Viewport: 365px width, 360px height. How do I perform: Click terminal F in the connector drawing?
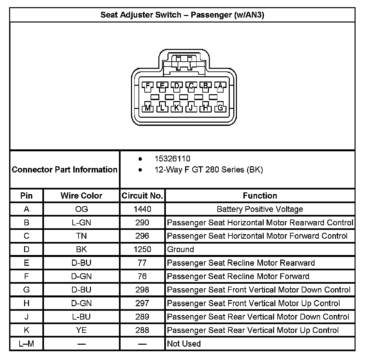pyautogui.click(x=148, y=86)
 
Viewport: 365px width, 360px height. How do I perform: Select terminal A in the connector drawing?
pyautogui.click(x=220, y=86)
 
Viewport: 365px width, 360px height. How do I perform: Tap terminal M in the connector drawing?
pyautogui.click(x=148, y=107)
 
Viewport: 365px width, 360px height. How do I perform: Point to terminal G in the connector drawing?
pyautogui.click(x=220, y=107)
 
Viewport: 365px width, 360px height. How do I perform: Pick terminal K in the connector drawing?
pyautogui.click(x=177, y=107)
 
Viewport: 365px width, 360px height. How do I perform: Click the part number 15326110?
pyautogui.click(x=172, y=159)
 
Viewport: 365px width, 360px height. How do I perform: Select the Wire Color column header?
pyautogui.click(x=81, y=196)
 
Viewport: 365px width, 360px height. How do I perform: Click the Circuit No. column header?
pyautogui.click(x=142, y=196)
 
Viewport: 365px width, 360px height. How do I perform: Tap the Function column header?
pyautogui.click(x=260, y=196)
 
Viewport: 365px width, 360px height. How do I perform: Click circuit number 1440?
pyautogui.click(x=142, y=209)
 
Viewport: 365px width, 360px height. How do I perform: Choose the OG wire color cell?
pyautogui.click(x=81, y=209)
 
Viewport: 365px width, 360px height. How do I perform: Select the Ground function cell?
pyautogui.click(x=181, y=249)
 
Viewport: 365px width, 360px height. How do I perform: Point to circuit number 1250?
pyautogui.click(x=142, y=249)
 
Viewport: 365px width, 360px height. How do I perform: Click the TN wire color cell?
pyautogui.click(x=81, y=236)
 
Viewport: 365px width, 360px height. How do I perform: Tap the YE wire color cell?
pyautogui.click(x=81, y=330)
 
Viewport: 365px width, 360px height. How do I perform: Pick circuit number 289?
pyautogui.click(x=142, y=317)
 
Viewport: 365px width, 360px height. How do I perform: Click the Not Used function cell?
pyautogui.click(x=184, y=343)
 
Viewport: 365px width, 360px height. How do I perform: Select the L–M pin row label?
pyautogui.click(x=26, y=343)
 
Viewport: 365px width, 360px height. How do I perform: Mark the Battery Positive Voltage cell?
pyautogui.click(x=260, y=209)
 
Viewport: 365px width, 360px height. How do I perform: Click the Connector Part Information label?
pyautogui.click(x=65, y=170)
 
